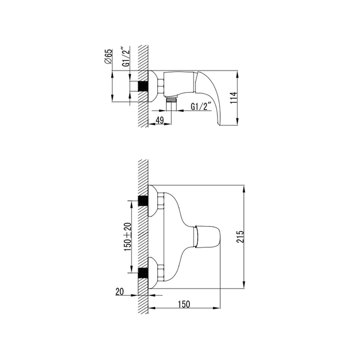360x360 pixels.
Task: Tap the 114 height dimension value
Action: (233, 98)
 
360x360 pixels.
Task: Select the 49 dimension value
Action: (159, 120)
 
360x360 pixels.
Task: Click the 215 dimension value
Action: (240, 237)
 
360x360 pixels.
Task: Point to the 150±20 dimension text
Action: (128, 237)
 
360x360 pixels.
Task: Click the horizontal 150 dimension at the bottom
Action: (184, 304)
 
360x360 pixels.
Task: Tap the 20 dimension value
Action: (119, 292)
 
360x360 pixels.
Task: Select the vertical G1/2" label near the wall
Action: (126, 57)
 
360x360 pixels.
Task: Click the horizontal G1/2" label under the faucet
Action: (201, 106)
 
